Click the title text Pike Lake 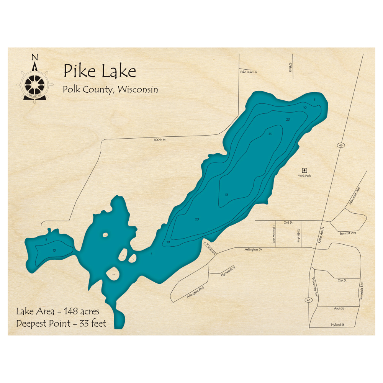pyautogui.click(x=100, y=71)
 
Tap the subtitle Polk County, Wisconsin pyautogui.click(x=111, y=90)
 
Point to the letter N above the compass pyautogui.click(x=34, y=57)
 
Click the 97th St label pyautogui.click(x=291, y=67)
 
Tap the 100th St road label pyautogui.click(x=159, y=140)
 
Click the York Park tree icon pyautogui.click(x=304, y=170)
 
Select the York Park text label pyautogui.click(x=304, y=176)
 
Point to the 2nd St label pyautogui.click(x=288, y=222)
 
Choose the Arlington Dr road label pyautogui.click(x=253, y=250)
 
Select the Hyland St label pyautogui.click(x=338, y=325)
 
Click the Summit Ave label pyautogui.click(x=348, y=233)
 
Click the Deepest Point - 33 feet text pyautogui.click(x=61, y=324)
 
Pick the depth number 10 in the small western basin pyautogui.click(x=54, y=250)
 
